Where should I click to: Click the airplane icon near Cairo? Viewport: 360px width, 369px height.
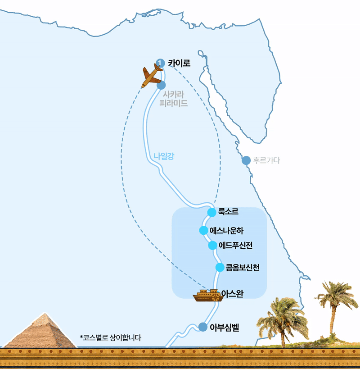coord(152,75)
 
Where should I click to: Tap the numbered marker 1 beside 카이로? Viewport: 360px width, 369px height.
coord(160,63)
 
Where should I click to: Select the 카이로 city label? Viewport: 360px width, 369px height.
coord(179,63)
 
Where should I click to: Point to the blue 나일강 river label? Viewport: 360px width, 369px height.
coord(164,156)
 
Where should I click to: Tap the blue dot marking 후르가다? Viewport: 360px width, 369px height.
coord(246,160)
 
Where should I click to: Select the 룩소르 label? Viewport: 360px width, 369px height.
coord(228,211)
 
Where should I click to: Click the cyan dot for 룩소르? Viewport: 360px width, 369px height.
coord(212,212)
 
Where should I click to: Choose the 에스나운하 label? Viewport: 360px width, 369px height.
coord(227,231)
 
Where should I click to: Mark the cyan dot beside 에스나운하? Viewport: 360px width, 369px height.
coord(203,231)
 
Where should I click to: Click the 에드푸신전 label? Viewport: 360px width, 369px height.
coord(236,246)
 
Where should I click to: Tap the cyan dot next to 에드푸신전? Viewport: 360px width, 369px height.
coord(213,246)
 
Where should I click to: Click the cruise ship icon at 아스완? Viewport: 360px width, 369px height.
coord(207,296)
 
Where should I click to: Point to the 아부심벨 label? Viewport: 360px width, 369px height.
coord(224,328)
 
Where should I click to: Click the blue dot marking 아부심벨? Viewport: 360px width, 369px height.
coord(203,327)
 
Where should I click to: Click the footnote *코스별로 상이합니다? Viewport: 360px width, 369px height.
coord(110,337)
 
